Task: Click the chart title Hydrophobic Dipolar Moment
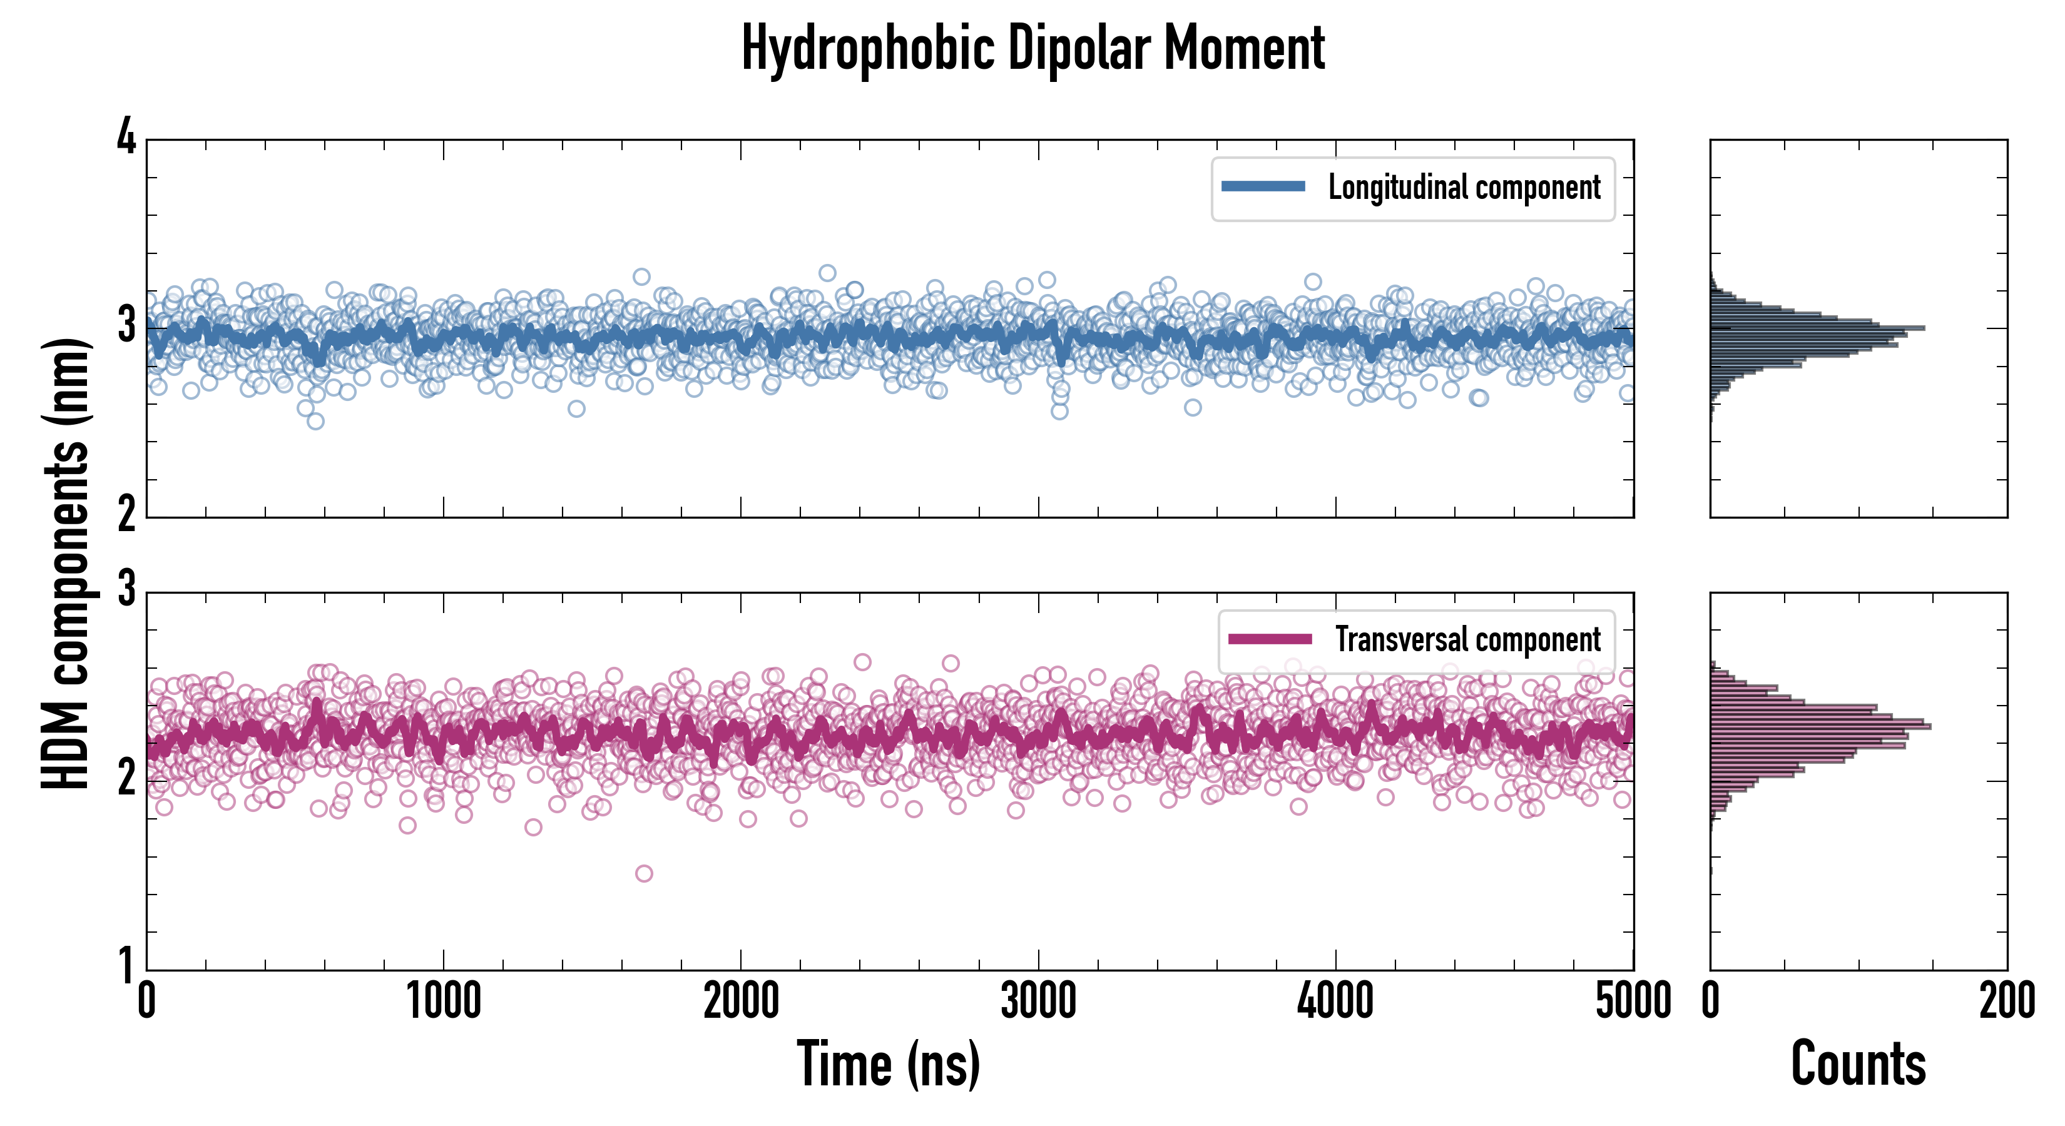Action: (1032, 48)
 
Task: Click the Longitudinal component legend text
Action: (1464, 188)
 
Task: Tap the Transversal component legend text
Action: (1467, 639)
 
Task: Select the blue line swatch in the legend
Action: (1263, 187)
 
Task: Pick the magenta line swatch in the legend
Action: (1269, 639)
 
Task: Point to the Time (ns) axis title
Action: (888, 1063)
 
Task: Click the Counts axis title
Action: (1857, 1063)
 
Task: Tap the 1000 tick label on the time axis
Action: (443, 1001)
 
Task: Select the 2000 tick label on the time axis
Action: (741, 1001)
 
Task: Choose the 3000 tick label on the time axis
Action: (1038, 1001)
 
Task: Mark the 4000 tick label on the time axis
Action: (1335, 1001)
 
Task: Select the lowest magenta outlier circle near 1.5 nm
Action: (644, 873)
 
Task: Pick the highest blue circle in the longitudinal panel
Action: (827, 273)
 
